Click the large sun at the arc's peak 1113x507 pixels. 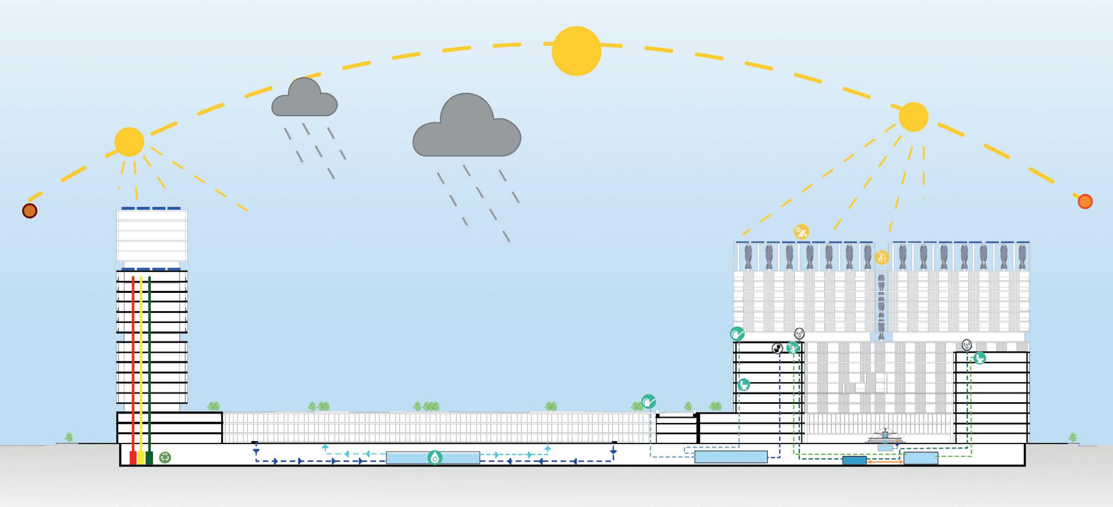576,51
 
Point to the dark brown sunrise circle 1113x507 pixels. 30,210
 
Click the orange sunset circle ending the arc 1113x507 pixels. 1085,201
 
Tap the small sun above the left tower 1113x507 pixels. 129,142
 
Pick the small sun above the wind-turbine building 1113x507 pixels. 913,117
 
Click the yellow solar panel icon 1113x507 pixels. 802,232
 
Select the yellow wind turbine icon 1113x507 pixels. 881,258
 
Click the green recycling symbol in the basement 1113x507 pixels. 165,457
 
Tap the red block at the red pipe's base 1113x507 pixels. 133,457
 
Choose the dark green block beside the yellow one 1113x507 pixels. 149,457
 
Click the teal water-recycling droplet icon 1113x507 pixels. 435,457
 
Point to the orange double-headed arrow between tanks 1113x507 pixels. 885,462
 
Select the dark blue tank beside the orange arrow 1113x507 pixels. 854,461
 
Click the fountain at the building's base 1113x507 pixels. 885,436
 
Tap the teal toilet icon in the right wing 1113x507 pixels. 979,357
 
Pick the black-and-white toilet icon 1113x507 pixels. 777,348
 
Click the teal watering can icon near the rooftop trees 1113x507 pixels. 648,401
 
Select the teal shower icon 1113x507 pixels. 793,348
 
